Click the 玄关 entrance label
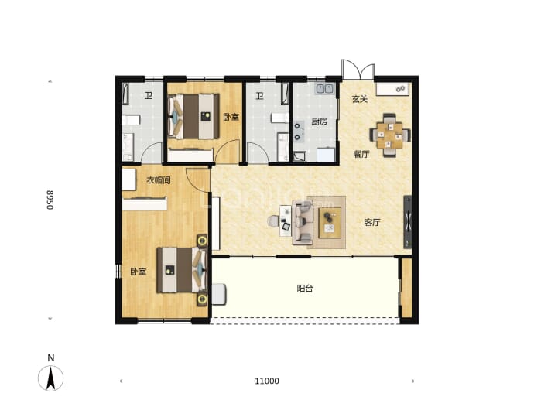click(360, 99)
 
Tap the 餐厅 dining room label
click(361, 154)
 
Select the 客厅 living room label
click(372, 223)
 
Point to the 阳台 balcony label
click(305, 289)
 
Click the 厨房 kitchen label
click(320, 121)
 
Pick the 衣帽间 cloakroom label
click(159, 180)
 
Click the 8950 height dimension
click(50, 200)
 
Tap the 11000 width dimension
click(267, 381)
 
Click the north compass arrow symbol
click(51, 378)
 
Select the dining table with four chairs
click(390, 135)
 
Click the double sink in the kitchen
click(324, 88)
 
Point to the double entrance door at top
click(358, 70)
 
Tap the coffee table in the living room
click(330, 223)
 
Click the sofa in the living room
click(303, 222)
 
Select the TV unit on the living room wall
click(407, 221)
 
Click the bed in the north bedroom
click(193, 116)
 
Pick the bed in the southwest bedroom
click(182, 270)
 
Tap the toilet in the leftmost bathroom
click(132, 120)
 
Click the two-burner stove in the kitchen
click(299, 132)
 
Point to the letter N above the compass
click(51, 357)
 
